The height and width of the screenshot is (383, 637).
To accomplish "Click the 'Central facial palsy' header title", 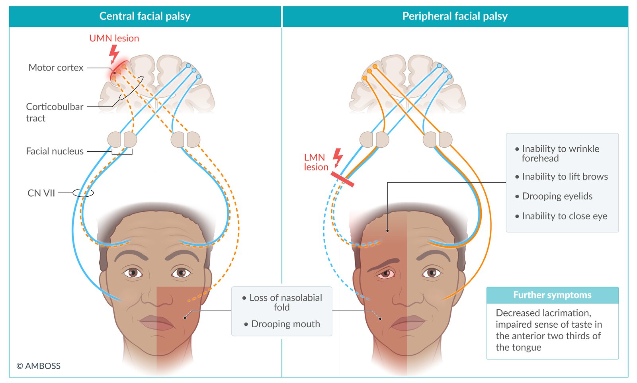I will (x=145, y=16).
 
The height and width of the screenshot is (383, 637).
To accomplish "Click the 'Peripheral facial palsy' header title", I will (x=455, y=16).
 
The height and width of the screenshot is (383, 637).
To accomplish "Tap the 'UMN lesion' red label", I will (x=114, y=38).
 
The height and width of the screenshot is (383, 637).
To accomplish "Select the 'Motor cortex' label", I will (x=56, y=68).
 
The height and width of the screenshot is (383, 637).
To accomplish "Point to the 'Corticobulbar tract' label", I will (x=55, y=112).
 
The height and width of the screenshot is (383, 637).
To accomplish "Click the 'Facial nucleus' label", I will (x=55, y=151).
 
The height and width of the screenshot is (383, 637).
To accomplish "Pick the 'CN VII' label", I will (x=41, y=193).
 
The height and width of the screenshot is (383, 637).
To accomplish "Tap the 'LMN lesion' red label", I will (x=316, y=162).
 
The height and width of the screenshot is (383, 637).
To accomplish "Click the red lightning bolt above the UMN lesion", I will (x=114, y=53).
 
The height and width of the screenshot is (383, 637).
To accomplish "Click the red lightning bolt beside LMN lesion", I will (x=338, y=157).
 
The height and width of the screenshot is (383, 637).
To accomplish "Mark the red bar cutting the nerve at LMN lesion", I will (x=342, y=179).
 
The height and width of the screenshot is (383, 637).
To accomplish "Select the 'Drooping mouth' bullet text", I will (x=285, y=324).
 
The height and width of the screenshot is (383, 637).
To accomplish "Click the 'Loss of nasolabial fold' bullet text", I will (x=285, y=303).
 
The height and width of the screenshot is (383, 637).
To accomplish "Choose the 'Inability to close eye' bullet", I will (x=565, y=216).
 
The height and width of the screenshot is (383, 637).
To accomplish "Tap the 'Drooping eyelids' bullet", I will (x=557, y=196).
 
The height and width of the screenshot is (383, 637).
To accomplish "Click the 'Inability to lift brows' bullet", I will (x=565, y=177).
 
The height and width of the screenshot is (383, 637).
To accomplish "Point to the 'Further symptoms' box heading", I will (x=552, y=295).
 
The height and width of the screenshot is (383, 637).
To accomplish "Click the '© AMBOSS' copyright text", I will (x=39, y=366).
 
